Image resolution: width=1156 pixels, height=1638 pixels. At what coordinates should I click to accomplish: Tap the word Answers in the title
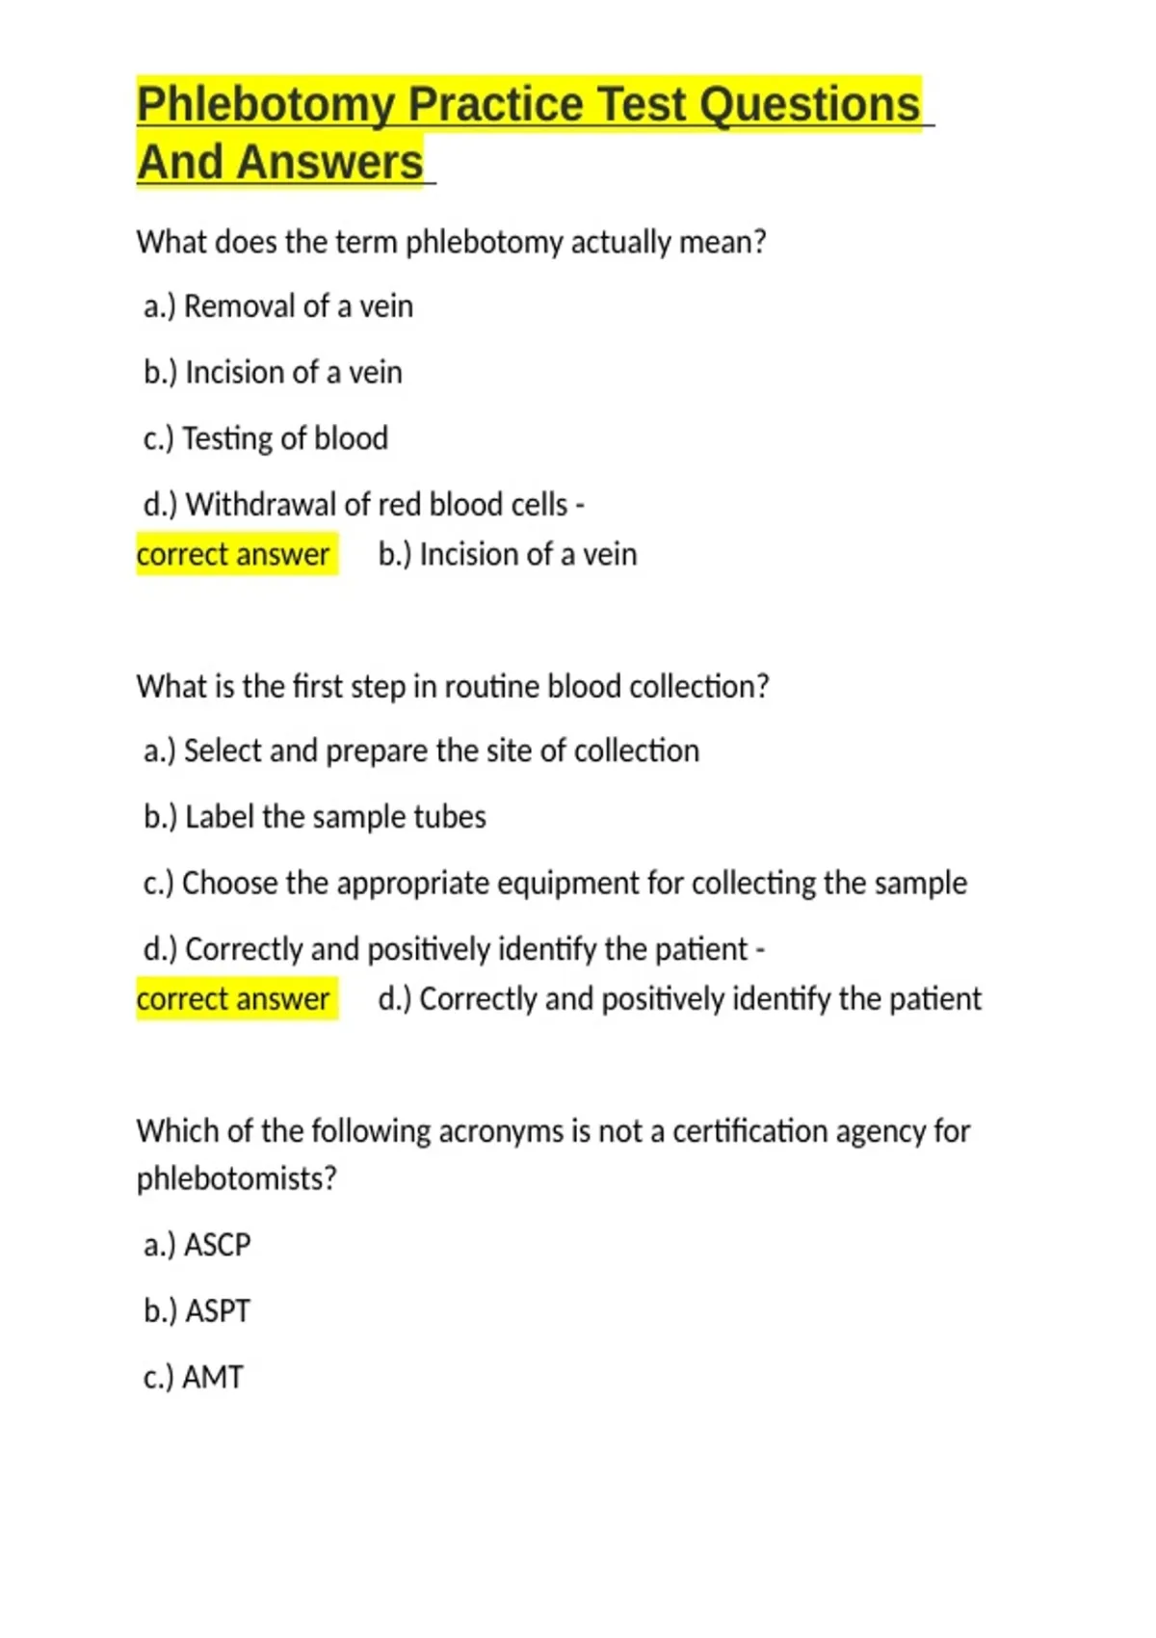[330, 162]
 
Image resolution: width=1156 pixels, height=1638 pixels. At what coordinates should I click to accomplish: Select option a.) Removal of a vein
[278, 306]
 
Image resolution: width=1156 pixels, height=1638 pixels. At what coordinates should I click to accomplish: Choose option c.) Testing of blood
[266, 438]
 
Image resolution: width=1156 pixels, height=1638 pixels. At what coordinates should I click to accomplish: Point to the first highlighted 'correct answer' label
[234, 554]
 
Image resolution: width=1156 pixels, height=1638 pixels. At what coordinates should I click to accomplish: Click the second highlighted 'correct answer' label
[234, 998]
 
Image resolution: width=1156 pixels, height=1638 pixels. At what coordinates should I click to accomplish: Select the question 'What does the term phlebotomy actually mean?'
[451, 242]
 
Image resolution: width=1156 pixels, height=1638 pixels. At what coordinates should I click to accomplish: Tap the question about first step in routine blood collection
[453, 686]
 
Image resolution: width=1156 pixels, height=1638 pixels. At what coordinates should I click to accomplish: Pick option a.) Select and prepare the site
[422, 751]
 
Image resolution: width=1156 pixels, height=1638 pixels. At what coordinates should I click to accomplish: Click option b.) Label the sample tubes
[315, 817]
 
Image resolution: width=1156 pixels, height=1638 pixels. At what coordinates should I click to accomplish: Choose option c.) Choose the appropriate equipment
[555, 883]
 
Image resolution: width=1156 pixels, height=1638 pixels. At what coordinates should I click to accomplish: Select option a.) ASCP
[197, 1245]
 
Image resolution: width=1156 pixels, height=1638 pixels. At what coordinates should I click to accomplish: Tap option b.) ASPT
[197, 1311]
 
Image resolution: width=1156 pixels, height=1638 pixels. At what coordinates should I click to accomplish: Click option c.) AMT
[194, 1377]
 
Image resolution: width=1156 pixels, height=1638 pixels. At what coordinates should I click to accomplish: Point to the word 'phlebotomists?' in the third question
[237, 1178]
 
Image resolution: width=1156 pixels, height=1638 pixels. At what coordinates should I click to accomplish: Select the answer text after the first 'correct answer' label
[508, 554]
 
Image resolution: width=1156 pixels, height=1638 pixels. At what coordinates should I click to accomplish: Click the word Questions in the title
[809, 104]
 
